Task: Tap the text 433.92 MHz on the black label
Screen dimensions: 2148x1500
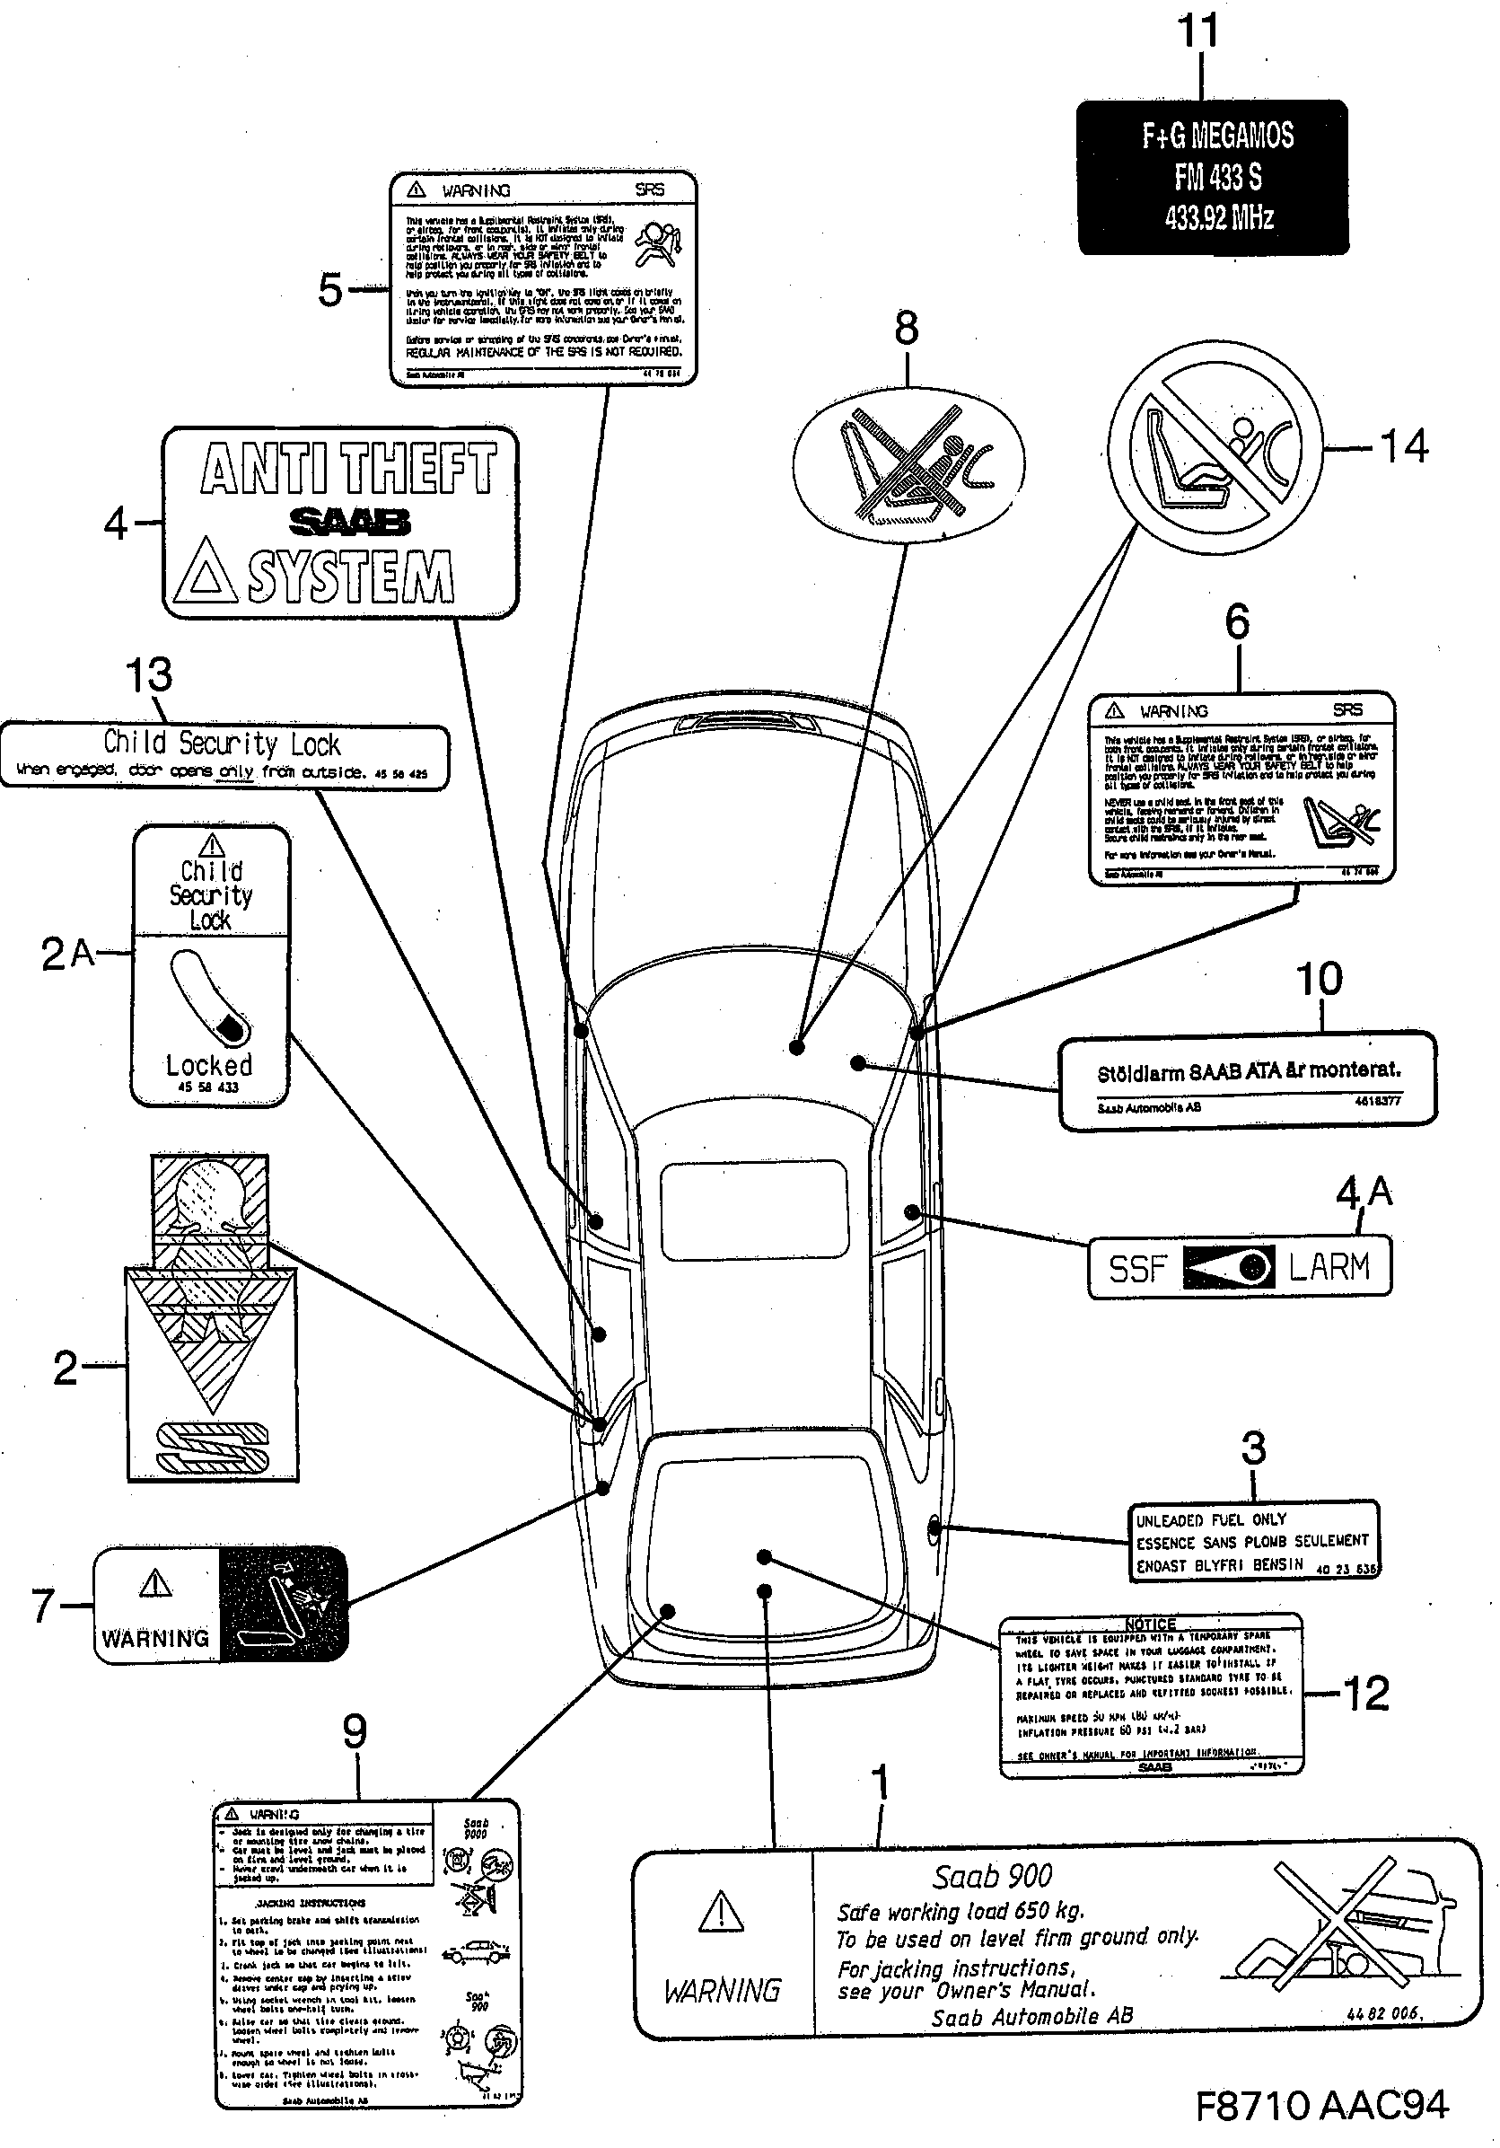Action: tap(1218, 218)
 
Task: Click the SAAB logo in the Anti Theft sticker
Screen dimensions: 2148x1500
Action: tap(349, 521)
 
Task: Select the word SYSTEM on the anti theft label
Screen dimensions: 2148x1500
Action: tap(351, 577)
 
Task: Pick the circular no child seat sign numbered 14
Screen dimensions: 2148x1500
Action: tap(1215, 448)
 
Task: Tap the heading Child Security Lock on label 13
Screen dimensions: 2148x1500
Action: tap(222, 744)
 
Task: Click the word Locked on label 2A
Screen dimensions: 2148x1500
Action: tap(208, 1065)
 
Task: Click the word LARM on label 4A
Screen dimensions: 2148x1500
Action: tap(1328, 1267)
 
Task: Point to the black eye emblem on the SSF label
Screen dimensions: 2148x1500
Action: tap(1228, 1268)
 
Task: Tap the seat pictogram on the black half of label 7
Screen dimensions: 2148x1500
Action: tap(282, 1604)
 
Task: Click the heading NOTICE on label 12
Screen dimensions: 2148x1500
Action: tap(1150, 1624)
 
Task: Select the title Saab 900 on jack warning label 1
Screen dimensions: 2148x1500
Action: tap(992, 1876)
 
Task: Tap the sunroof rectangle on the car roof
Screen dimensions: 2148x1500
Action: tap(754, 1210)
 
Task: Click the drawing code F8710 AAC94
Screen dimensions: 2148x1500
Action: tap(1321, 2106)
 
